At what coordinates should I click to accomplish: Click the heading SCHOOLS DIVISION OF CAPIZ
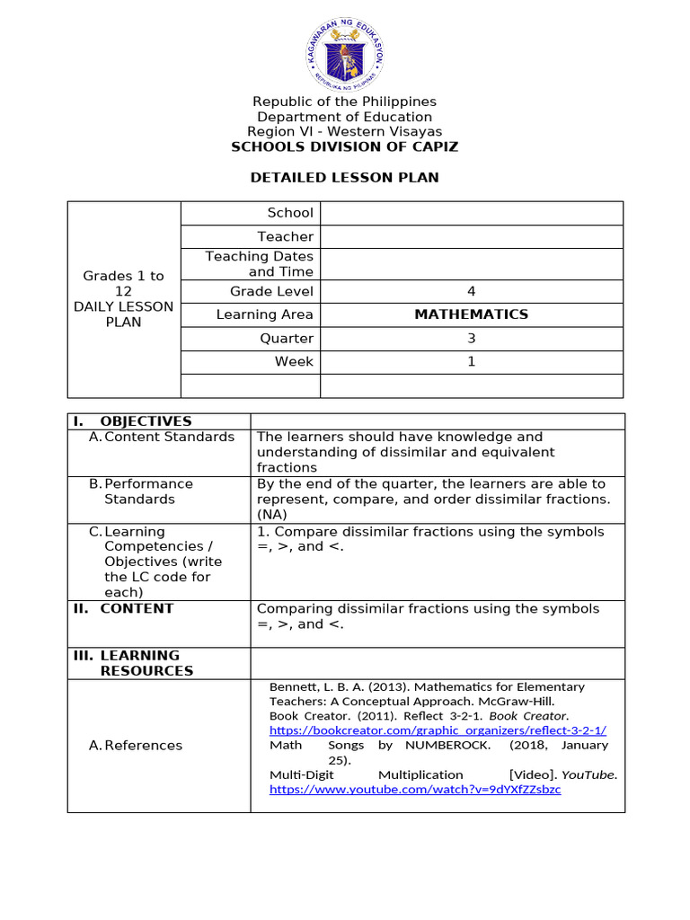point(344,147)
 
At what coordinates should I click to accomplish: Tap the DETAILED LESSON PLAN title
point(344,178)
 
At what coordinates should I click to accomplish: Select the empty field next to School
point(471,213)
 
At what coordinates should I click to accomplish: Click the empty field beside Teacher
point(471,236)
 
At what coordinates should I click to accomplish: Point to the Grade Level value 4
point(471,291)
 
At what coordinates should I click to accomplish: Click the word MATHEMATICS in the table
point(471,314)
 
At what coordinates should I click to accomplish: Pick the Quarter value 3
point(471,339)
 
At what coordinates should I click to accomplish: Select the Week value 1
point(471,362)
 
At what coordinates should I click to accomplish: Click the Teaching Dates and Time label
point(259,264)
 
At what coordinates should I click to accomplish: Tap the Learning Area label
point(264,314)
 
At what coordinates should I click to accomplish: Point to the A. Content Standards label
point(162,437)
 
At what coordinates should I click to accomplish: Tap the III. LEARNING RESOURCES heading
point(135,663)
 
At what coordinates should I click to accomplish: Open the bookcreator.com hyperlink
point(438,730)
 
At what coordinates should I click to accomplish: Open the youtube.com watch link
point(415,789)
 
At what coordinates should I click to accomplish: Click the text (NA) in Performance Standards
point(270,515)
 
